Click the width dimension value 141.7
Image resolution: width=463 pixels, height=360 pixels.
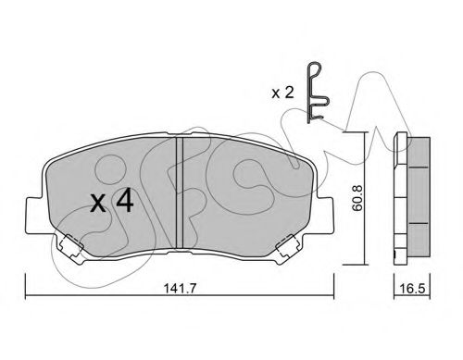pos(180,289)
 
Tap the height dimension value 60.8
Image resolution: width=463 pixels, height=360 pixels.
pos(357,198)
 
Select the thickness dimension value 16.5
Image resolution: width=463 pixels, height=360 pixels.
pos(412,289)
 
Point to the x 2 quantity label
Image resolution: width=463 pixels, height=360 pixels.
pos(282,93)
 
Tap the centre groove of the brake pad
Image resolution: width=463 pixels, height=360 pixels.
pos(180,192)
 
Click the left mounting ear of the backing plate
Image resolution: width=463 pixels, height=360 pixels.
pos(36,215)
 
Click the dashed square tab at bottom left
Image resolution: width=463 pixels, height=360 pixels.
pos(71,245)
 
